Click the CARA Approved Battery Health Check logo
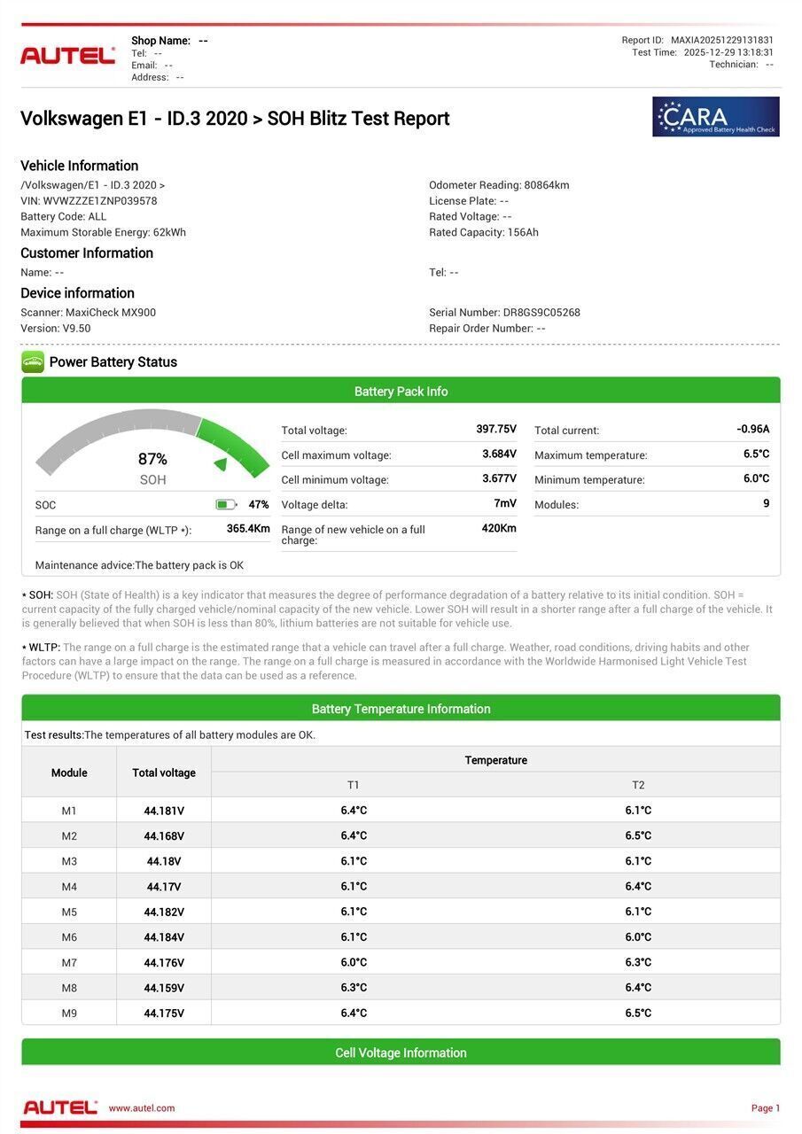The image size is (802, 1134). pyautogui.click(x=715, y=117)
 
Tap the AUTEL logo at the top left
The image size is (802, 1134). pyautogui.click(x=67, y=55)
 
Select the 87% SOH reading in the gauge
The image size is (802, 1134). pyautogui.click(x=152, y=459)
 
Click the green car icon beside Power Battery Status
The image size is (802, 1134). pyautogui.click(x=33, y=361)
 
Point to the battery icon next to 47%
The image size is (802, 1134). pyautogui.click(x=226, y=505)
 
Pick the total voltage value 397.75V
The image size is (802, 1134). pyautogui.click(x=495, y=430)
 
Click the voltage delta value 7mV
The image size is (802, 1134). pyautogui.click(x=505, y=504)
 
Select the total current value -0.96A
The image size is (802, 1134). pyautogui.click(x=752, y=430)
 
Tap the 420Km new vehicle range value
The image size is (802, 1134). pyautogui.click(x=499, y=529)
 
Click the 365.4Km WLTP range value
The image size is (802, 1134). pyautogui.click(x=248, y=529)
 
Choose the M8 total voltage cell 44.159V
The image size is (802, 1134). pyautogui.click(x=164, y=988)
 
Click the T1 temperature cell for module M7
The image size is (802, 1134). pyautogui.click(x=354, y=962)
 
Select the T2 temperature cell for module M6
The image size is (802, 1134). pyautogui.click(x=638, y=937)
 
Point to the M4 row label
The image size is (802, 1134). pyautogui.click(x=69, y=887)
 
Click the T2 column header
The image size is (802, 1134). pyautogui.click(x=638, y=785)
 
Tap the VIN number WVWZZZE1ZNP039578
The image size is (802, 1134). pyautogui.click(x=100, y=201)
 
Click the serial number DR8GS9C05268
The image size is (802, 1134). pyautogui.click(x=541, y=313)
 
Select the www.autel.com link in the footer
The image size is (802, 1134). pyautogui.click(x=142, y=1108)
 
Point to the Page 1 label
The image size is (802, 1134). pyautogui.click(x=766, y=1108)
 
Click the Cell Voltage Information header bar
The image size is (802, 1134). pyautogui.click(x=401, y=1052)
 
